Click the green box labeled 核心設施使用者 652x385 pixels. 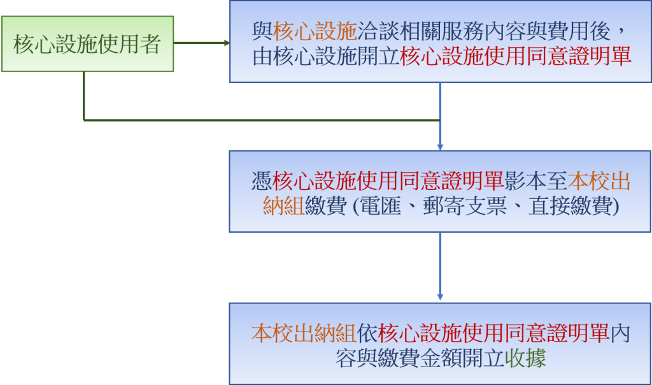(x=87, y=44)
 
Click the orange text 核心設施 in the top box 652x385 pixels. (x=315, y=31)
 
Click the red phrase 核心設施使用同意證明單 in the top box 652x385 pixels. (x=516, y=57)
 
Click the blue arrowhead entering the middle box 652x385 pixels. (x=440, y=146)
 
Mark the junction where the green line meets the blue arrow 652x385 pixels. (x=440, y=120)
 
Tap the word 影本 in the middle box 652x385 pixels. (x=526, y=182)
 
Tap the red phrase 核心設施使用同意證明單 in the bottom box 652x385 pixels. (x=494, y=334)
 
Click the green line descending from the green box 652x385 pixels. (x=83, y=96)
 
